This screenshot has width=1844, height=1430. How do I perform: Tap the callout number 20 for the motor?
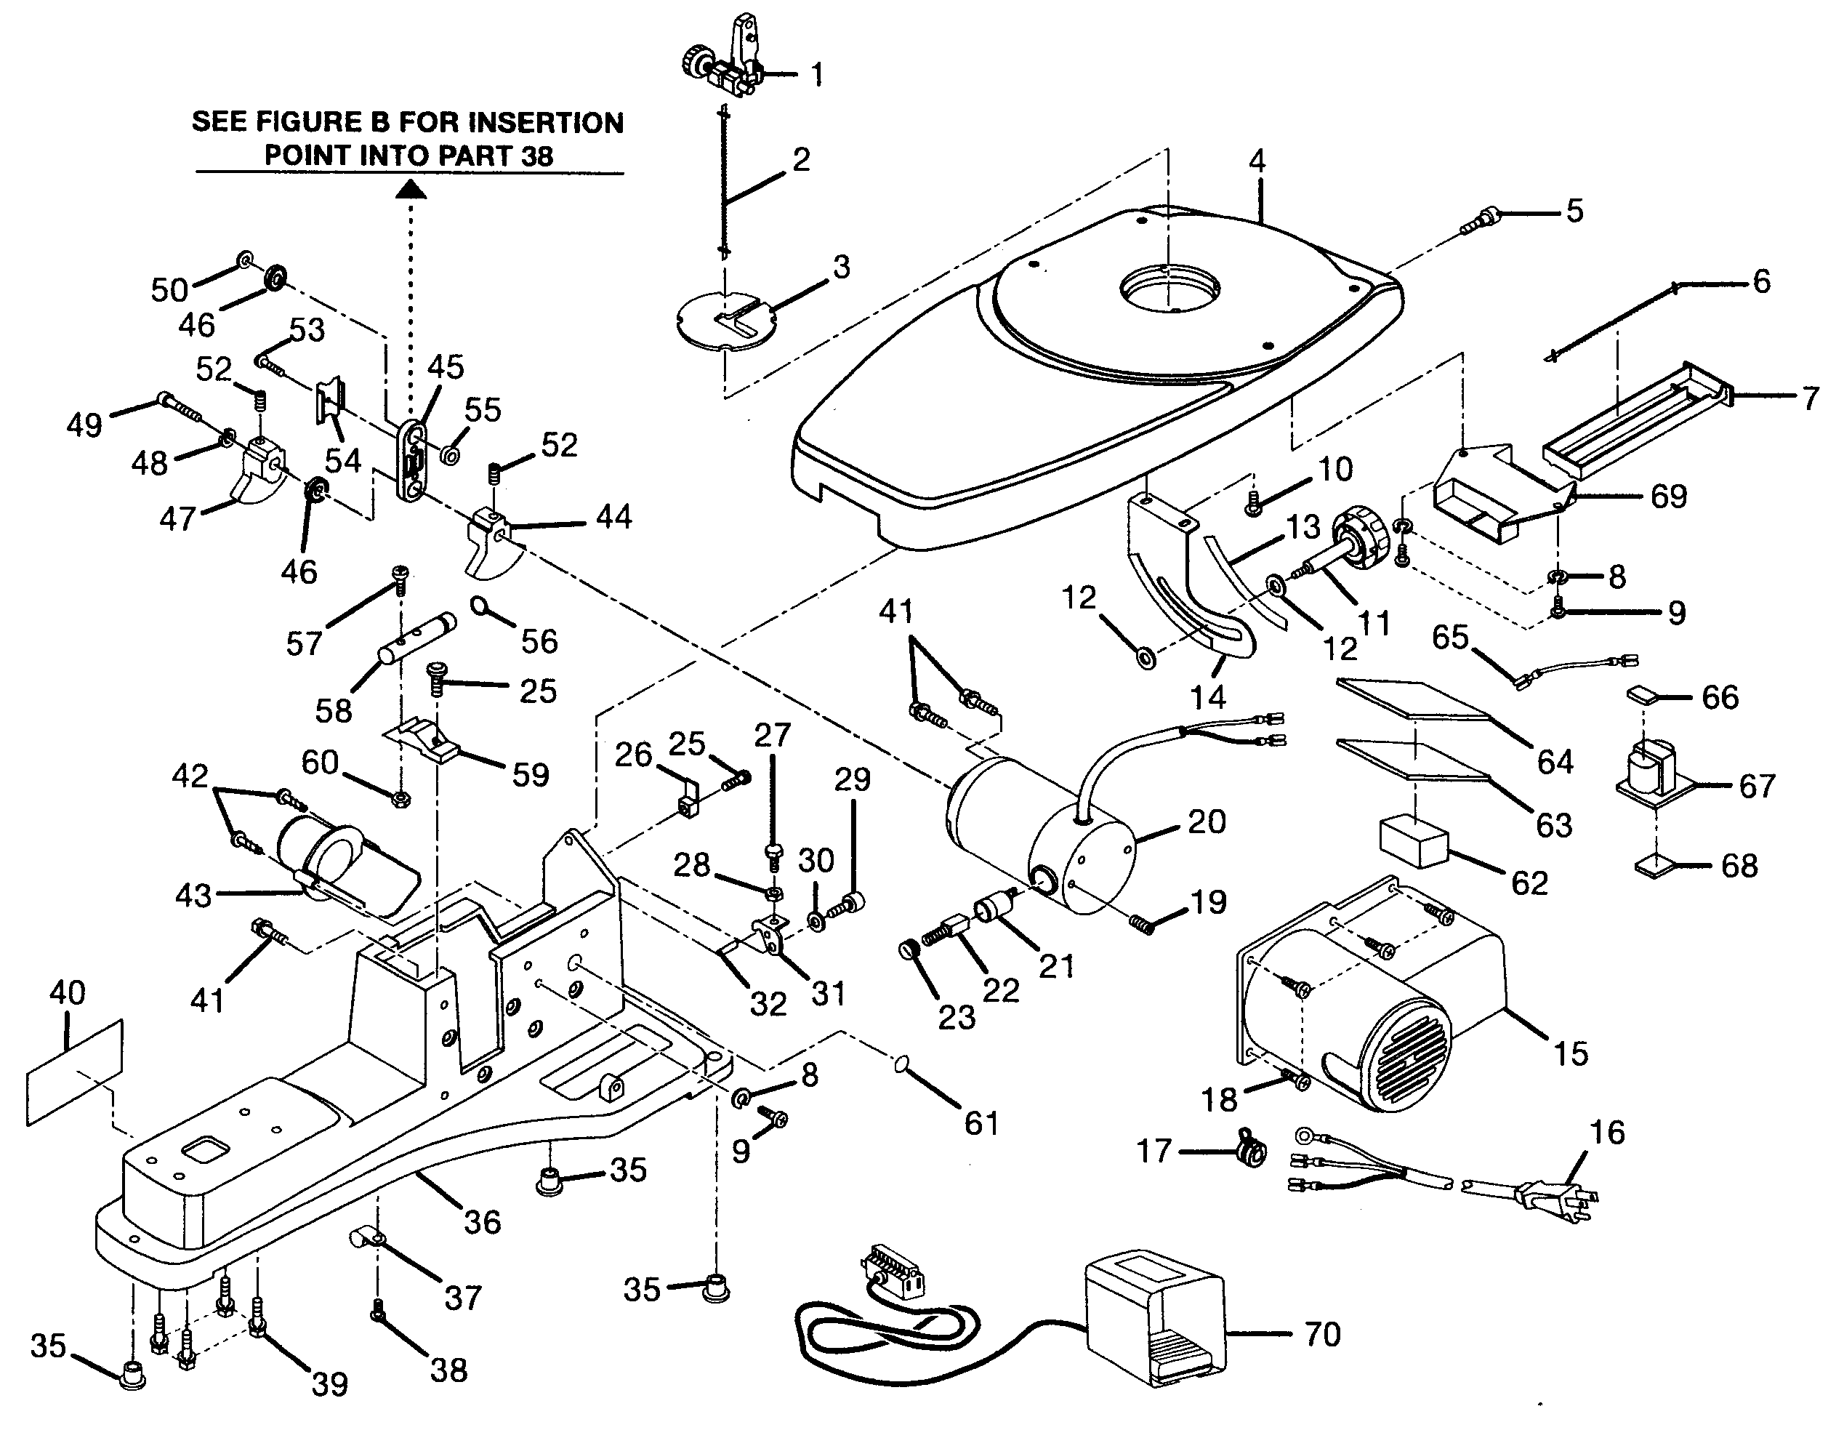pyautogui.click(x=1207, y=821)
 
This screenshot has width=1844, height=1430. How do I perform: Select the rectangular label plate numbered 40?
pyautogui.click(x=74, y=1073)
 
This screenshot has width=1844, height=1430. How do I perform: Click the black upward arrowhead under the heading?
pyautogui.click(x=411, y=189)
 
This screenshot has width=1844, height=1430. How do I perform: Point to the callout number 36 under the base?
pyautogui.click(x=482, y=1221)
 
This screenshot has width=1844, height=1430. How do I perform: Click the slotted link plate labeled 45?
pyautogui.click(x=413, y=461)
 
